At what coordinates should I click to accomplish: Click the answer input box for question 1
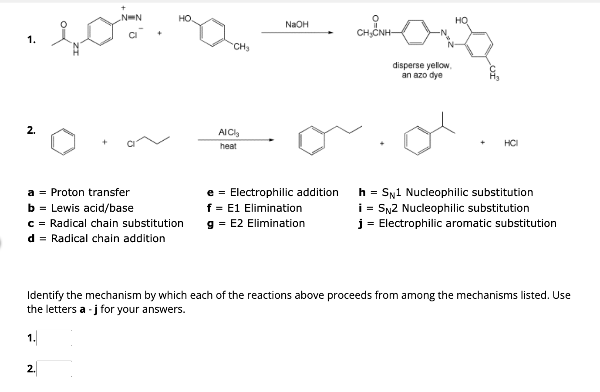pyautogui.click(x=54, y=338)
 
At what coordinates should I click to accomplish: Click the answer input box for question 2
pyautogui.click(x=54, y=369)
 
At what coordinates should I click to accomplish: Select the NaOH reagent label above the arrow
pyautogui.click(x=297, y=24)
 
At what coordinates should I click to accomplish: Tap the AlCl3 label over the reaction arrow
pyautogui.click(x=229, y=132)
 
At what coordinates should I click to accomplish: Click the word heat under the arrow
pyautogui.click(x=228, y=146)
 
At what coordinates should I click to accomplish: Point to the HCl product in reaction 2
pyautogui.click(x=511, y=143)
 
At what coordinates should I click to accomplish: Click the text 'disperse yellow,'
pyautogui.click(x=422, y=65)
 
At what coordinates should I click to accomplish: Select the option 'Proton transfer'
pyautogui.click(x=90, y=193)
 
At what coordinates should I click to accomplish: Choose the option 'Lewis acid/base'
pyautogui.click(x=92, y=208)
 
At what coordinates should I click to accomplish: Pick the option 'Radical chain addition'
pyautogui.click(x=108, y=239)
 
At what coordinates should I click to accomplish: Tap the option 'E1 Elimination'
pyautogui.click(x=264, y=208)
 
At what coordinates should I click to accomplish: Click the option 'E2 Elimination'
pyautogui.click(x=267, y=223)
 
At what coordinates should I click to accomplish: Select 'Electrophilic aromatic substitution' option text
pyautogui.click(x=467, y=223)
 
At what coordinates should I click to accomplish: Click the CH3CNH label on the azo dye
pyautogui.click(x=374, y=33)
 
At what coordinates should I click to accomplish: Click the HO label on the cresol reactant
pyautogui.click(x=185, y=18)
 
